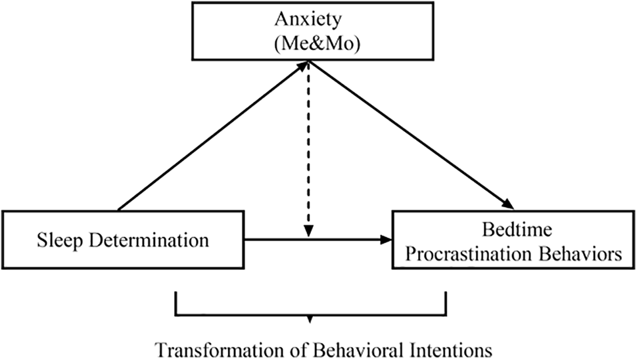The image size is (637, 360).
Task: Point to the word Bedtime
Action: tap(509, 231)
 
